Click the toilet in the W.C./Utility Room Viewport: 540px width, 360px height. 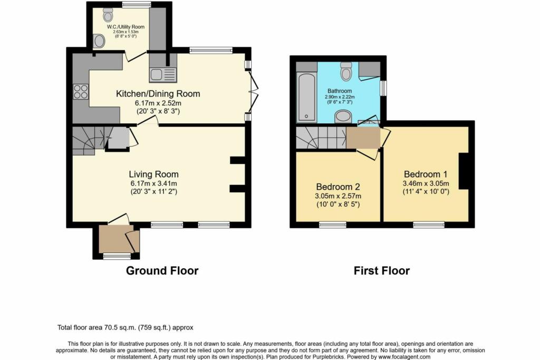tap(108, 15)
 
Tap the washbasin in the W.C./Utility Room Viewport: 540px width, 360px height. tap(99, 41)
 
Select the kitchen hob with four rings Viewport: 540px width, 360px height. tap(81, 91)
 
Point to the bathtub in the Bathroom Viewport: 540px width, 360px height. tap(307, 98)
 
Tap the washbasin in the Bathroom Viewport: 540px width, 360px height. tap(343, 116)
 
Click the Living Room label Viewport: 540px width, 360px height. tap(153, 174)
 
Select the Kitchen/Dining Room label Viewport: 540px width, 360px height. tap(158, 94)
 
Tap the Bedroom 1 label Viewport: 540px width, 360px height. tap(427, 174)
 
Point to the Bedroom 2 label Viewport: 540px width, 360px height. tap(338, 187)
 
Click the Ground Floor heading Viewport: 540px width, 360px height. tap(162, 270)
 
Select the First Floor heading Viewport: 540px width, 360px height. tap(382, 271)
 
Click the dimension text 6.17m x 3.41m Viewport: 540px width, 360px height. tap(153, 184)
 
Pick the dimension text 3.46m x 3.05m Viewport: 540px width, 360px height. tap(426, 183)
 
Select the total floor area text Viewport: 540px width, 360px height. tap(126, 328)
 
